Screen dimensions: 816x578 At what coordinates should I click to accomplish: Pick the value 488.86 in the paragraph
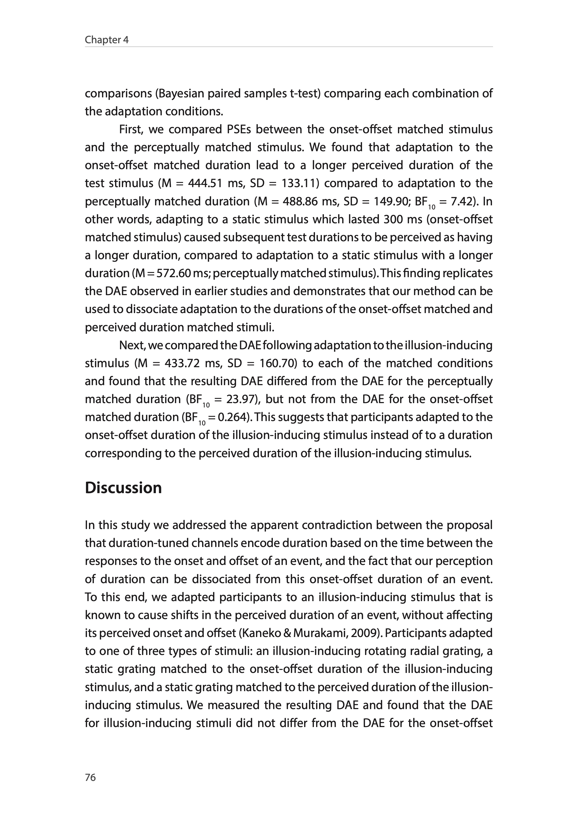300,202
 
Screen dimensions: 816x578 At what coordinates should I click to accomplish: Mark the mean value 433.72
182,363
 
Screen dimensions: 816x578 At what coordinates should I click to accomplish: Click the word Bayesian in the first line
181,93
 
